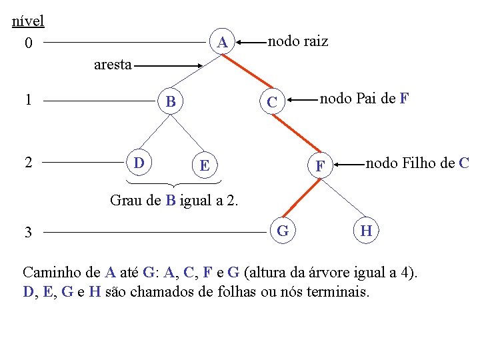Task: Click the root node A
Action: pyautogui.click(x=223, y=43)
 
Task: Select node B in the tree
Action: pyautogui.click(x=171, y=102)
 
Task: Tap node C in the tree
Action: pyautogui.click(x=271, y=103)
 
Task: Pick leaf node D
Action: pyautogui.click(x=139, y=163)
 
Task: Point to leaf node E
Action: pyautogui.click(x=205, y=165)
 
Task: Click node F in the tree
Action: pyautogui.click(x=320, y=165)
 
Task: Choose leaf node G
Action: pyautogui.click(x=283, y=231)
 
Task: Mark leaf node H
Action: pyautogui.click(x=366, y=231)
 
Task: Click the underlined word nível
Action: pyautogui.click(x=28, y=21)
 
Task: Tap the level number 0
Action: pyautogui.click(x=27, y=44)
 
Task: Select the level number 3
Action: pyautogui.click(x=27, y=233)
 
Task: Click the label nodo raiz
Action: pyautogui.click(x=297, y=41)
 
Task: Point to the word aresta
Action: pyautogui.click(x=113, y=65)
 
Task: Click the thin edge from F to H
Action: pyautogui.click(x=342, y=197)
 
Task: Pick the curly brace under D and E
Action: pyautogui.click(x=173, y=183)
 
